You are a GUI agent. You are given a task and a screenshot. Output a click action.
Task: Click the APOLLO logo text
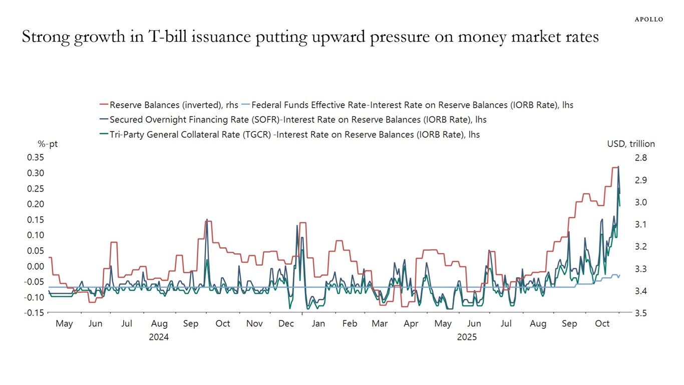(648, 19)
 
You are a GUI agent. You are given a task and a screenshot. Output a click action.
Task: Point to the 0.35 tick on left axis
(35, 157)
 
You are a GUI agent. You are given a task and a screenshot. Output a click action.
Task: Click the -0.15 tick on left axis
(34, 313)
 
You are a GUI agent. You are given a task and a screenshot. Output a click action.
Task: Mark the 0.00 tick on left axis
(35, 266)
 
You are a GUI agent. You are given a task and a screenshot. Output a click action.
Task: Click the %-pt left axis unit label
(48, 144)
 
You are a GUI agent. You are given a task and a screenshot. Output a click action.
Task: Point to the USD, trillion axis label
(631, 144)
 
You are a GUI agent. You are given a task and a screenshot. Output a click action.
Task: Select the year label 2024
(159, 337)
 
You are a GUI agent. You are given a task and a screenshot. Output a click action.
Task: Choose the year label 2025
(467, 337)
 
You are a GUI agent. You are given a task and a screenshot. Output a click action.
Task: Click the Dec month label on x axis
(286, 324)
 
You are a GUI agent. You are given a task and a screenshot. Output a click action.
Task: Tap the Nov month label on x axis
(254, 324)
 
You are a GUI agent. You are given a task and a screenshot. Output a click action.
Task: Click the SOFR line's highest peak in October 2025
(618, 167)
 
